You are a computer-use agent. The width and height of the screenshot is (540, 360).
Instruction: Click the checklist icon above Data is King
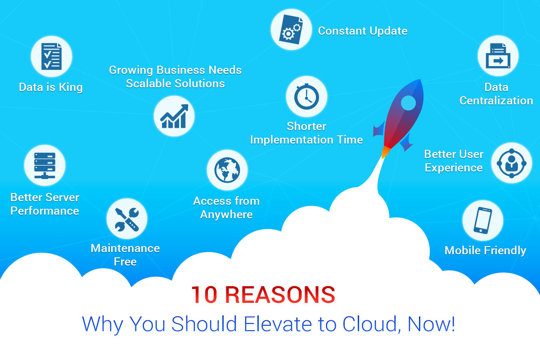coord(51,56)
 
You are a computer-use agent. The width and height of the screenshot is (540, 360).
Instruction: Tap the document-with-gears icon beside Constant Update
coord(291,29)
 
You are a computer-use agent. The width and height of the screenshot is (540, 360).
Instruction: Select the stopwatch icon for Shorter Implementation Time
coord(306,96)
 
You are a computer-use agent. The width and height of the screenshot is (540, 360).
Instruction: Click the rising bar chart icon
coord(174,116)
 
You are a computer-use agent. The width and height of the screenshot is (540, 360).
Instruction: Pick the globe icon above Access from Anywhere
coord(227,170)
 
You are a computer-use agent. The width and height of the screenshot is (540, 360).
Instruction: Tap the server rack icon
coord(45,166)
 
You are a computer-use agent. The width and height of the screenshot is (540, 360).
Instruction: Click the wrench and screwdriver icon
coord(127,220)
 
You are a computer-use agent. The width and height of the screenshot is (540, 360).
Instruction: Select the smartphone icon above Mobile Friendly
coord(482,220)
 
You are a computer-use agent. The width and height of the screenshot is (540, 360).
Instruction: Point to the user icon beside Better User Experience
coord(512,163)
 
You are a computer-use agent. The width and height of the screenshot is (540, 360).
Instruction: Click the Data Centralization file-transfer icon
coord(498,56)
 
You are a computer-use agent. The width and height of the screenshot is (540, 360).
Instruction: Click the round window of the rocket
coord(409,103)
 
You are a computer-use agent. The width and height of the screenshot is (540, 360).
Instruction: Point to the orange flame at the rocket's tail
coord(385,152)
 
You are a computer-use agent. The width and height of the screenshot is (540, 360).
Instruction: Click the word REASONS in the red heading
coord(280,295)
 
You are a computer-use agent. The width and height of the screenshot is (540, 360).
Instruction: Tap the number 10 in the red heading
coord(204,295)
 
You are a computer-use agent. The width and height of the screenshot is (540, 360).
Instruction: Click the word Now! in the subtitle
coord(431,324)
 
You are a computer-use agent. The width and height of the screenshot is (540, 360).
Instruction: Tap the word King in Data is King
coord(71,88)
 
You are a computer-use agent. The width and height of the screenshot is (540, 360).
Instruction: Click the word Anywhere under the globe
coord(226,215)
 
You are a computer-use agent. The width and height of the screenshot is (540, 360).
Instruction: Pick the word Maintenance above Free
coord(125,248)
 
